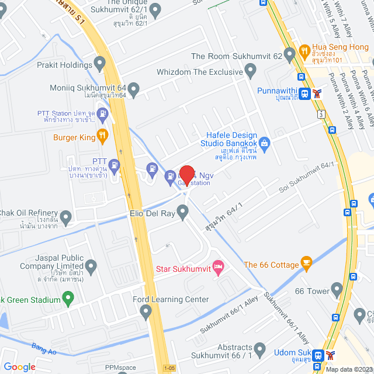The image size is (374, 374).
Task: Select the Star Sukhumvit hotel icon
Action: (217, 268)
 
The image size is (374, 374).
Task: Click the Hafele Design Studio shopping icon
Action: (264, 143)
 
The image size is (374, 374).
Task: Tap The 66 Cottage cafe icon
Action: (305, 264)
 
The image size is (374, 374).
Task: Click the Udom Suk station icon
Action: (318, 354)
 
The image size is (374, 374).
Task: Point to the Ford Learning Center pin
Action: (146, 313)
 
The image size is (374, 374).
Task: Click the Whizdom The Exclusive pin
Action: (251, 72)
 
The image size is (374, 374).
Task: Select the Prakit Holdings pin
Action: (99, 63)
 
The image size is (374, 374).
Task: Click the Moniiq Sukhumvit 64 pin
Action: (134, 90)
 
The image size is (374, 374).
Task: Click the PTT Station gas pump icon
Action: (103, 114)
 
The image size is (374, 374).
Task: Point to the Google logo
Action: (19, 366)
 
